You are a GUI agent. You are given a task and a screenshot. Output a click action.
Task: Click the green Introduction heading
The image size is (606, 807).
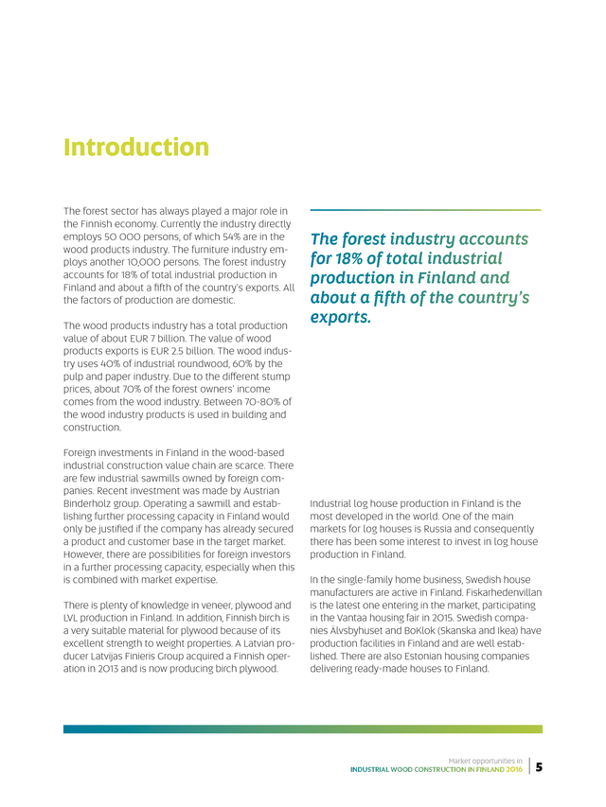pyautogui.click(x=135, y=148)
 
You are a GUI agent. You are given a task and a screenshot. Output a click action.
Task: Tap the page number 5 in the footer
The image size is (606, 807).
pyautogui.click(x=539, y=768)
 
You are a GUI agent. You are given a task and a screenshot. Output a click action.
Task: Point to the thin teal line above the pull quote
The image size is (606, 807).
pyautogui.click(x=425, y=210)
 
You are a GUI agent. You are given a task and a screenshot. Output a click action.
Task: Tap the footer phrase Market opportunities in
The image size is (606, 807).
pyautogui.click(x=486, y=761)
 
